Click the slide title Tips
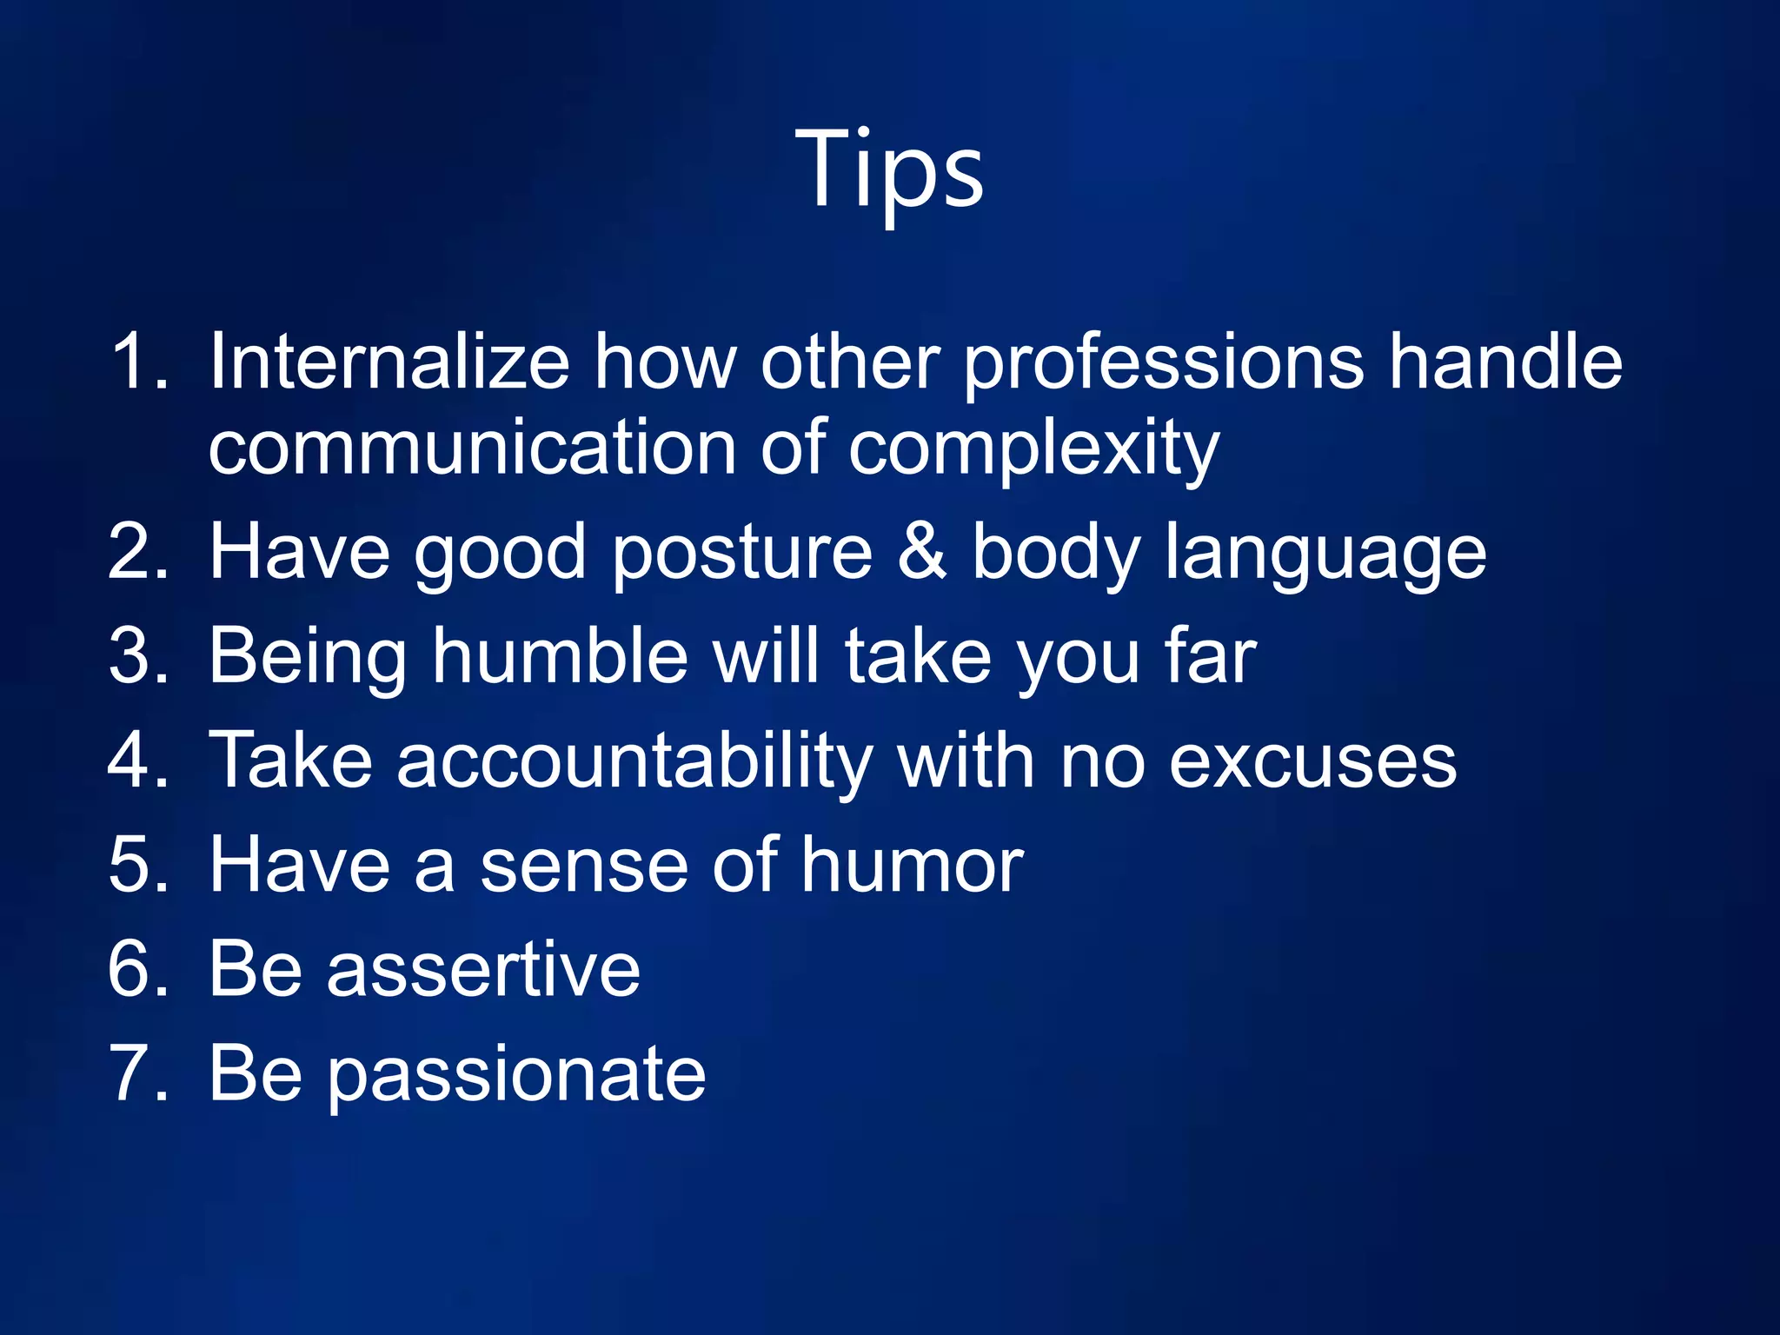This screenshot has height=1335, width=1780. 889,169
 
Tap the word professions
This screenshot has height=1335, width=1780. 1164,363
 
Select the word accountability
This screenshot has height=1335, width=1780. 634,762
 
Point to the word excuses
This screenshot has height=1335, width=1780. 1312,762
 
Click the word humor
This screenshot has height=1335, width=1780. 912,865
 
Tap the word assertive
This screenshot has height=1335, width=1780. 483,969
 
